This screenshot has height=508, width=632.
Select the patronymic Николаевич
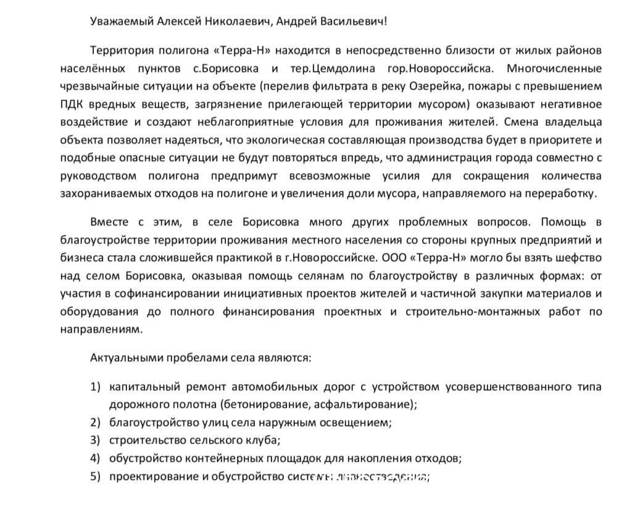click(x=236, y=21)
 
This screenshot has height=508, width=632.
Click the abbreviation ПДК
click(x=72, y=102)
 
